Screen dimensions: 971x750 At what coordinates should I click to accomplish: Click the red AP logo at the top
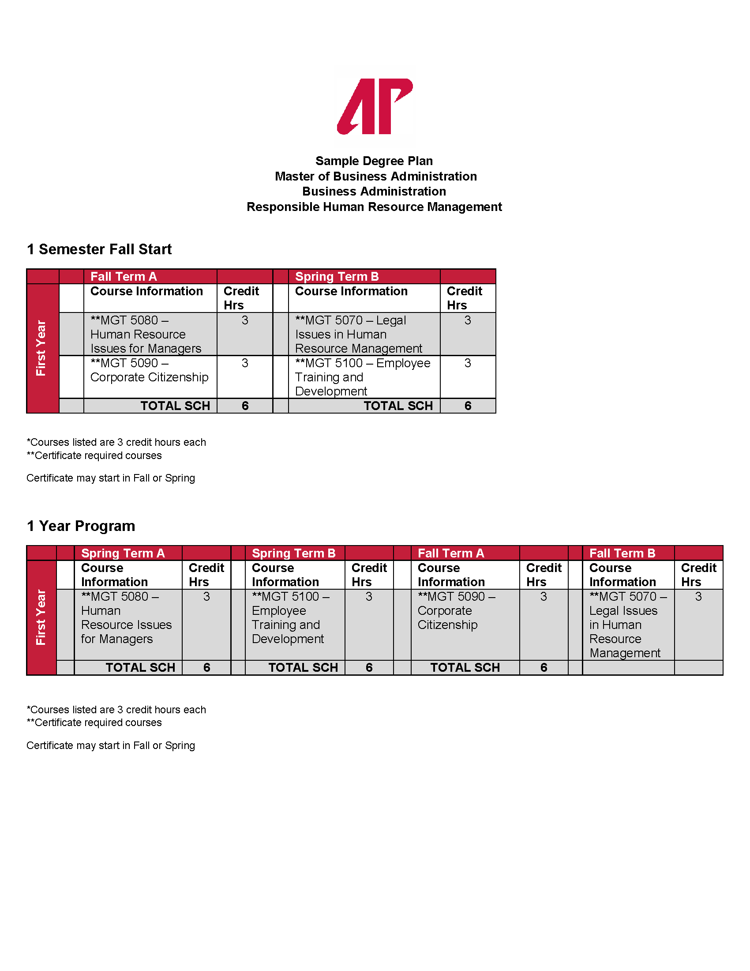375,106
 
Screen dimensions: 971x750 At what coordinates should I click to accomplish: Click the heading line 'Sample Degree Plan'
374,161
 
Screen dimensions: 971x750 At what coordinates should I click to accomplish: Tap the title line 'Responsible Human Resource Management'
374,207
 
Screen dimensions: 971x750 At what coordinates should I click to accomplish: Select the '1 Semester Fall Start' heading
99,249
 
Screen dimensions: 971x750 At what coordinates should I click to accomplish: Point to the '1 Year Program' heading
81,526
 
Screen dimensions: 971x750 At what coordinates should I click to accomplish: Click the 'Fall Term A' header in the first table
124,277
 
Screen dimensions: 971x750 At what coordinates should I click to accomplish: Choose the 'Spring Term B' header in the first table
337,277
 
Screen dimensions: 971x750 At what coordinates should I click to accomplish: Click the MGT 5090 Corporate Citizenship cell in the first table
149,370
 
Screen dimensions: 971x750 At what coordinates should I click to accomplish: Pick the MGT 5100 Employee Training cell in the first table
363,377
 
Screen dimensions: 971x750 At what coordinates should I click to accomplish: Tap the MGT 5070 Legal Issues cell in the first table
358,335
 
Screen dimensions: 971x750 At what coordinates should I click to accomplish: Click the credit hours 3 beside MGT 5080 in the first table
245,320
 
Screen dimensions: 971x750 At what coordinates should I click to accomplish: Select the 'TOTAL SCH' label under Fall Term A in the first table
175,406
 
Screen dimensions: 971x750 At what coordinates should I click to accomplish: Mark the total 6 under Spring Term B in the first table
468,406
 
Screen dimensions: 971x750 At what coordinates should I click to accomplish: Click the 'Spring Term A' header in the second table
123,553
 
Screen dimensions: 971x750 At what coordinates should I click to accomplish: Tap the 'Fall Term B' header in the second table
622,553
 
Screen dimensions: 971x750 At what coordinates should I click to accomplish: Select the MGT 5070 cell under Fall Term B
627,624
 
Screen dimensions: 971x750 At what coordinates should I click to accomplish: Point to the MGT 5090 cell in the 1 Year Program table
456,610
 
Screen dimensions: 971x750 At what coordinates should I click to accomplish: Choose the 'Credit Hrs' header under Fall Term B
698,575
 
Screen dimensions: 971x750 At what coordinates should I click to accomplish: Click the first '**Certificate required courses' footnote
94,456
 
